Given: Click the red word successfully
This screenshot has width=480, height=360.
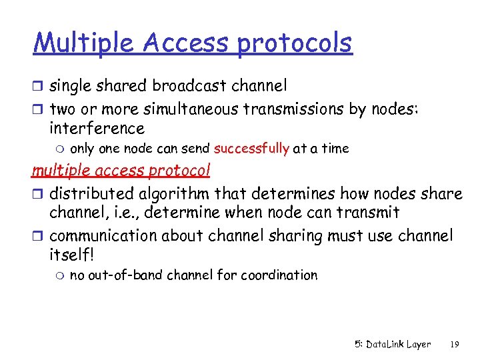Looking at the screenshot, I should [251, 149].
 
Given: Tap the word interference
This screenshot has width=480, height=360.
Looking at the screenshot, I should [97, 128].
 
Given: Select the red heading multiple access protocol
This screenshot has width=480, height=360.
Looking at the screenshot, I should [121, 171].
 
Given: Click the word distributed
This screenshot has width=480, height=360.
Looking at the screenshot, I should [93, 194].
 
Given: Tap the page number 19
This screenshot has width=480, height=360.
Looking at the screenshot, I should [455, 345].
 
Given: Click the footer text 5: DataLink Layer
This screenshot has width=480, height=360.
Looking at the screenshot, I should [392, 345].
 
